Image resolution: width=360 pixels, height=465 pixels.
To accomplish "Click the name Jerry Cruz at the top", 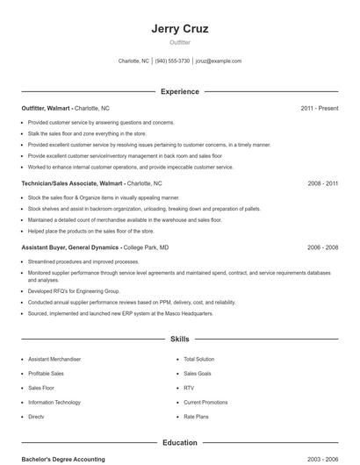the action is [179, 28].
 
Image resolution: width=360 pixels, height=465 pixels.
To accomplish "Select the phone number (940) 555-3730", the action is [173, 61].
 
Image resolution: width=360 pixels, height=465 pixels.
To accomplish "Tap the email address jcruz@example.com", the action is [218, 61].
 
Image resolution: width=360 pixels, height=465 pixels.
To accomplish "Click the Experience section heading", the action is [179, 91].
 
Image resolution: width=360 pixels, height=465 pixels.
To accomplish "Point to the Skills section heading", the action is [179, 338].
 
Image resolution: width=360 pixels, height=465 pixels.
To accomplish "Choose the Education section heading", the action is [179, 443].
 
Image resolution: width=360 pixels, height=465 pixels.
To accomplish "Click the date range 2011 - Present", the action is [319, 108].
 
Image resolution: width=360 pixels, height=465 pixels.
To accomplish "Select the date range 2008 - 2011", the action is [322, 184].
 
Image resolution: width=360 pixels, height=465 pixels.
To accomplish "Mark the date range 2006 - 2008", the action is [322, 247].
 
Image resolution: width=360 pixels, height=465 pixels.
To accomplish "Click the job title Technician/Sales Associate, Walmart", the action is [72, 184].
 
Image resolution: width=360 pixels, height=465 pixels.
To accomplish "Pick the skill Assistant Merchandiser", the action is [54, 359].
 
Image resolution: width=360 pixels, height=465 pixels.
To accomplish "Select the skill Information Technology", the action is [54, 402].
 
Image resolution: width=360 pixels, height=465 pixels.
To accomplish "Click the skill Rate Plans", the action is [196, 417].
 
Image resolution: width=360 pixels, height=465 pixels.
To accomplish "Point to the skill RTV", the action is [189, 388].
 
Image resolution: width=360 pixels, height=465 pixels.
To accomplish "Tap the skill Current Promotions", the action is [205, 402].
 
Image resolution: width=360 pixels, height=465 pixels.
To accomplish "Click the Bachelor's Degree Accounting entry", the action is [62, 459].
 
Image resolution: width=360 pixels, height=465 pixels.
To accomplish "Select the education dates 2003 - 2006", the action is [322, 459].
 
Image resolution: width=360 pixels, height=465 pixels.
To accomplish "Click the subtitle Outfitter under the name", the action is [179, 42].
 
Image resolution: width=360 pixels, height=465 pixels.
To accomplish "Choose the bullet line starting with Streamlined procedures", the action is [83, 261].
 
